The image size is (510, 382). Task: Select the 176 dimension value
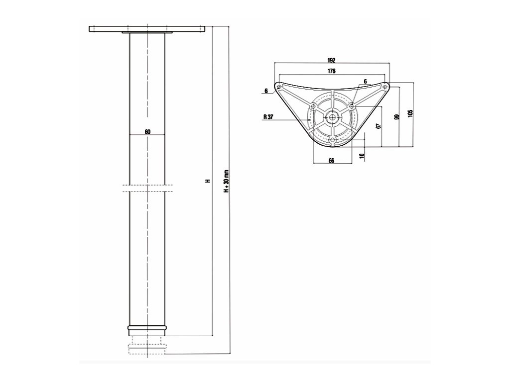pos(332,71)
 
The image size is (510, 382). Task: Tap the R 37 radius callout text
pos(269,118)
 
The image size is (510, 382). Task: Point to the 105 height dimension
pos(410,112)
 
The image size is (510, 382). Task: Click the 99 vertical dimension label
pos(396,117)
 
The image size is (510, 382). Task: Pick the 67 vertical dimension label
pos(378,126)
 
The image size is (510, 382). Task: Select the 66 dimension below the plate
pos(331,160)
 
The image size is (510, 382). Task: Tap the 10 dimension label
pos(362,156)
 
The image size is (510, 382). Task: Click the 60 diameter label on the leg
pos(147,132)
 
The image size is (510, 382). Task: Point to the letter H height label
pos(208,181)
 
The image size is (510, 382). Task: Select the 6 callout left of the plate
pos(266,91)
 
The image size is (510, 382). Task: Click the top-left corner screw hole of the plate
pos(279,88)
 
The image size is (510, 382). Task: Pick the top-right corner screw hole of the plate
pos(384,87)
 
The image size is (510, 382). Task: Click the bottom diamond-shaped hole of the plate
pos(332,141)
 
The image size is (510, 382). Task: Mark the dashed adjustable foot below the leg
pos(147,347)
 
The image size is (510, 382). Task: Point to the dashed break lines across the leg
pos(147,188)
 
